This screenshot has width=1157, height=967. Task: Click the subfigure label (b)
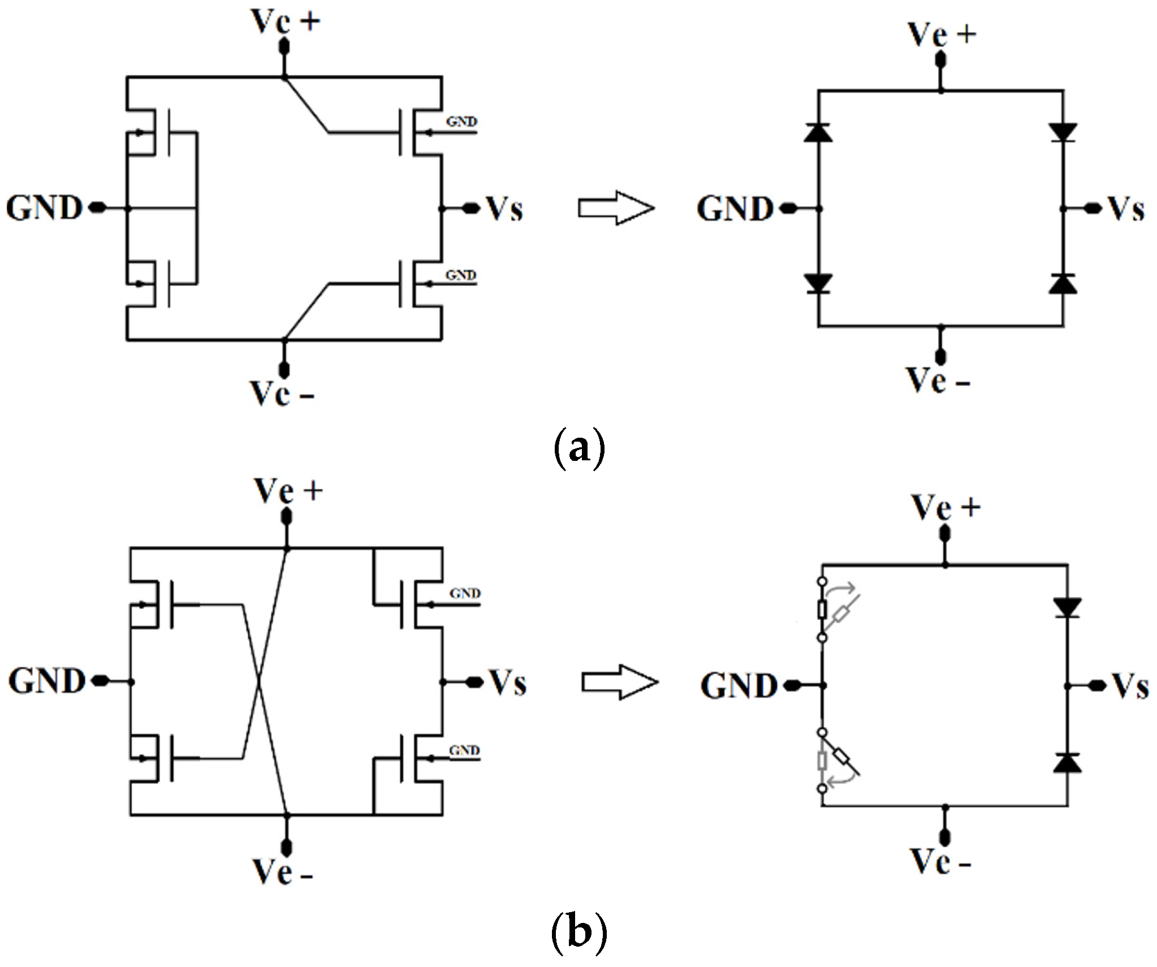click(578, 932)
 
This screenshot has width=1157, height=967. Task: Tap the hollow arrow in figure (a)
click(616, 208)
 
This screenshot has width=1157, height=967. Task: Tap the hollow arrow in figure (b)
click(620, 683)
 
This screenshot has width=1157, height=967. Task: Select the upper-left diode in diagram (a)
click(818, 132)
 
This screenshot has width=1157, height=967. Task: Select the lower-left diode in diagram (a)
click(818, 283)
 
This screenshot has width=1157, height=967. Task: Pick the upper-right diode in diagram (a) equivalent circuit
click(1063, 132)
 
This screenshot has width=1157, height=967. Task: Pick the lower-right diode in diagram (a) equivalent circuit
click(1063, 283)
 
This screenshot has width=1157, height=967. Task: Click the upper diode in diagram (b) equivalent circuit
click(1067, 607)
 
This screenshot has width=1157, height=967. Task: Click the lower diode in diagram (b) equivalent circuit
click(1067, 763)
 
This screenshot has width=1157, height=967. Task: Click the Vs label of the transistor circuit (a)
click(505, 209)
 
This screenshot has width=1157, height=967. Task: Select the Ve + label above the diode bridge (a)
click(942, 35)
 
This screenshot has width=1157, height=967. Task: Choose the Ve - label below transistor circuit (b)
click(282, 871)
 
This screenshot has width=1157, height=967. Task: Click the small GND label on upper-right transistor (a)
click(461, 122)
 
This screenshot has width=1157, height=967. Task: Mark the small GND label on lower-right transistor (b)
click(464, 750)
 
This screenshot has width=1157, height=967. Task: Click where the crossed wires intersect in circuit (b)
click(259, 683)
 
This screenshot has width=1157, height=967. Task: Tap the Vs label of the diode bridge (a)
click(1126, 209)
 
